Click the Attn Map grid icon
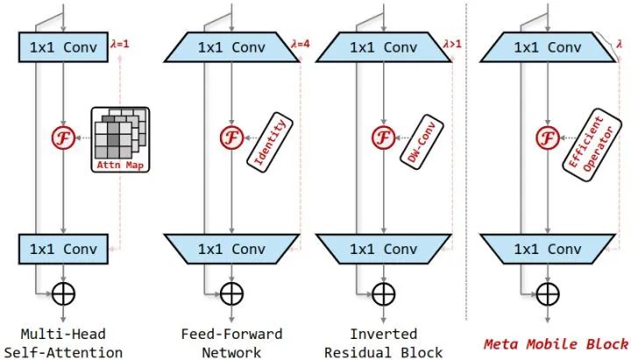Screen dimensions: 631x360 click(x=120, y=139)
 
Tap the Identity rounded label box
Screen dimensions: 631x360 click(x=270, y=142)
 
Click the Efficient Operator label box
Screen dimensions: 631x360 click(x=592, y=145)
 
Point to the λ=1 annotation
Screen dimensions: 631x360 click(x=120, y=44)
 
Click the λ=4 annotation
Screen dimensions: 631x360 click(x=301, y=44)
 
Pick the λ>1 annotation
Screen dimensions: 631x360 click(x=452, y=44)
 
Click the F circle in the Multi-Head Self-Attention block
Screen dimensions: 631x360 click(x=63, y=138)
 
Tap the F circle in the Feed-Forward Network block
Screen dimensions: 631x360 click(x=231, y=138)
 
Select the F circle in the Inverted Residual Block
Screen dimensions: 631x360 click(x=384, y=138)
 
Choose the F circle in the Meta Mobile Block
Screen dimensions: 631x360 click(x=548, y=138)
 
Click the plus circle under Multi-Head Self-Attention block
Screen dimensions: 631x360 click(x=64, y=293)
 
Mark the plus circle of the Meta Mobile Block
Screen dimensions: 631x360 click(x=548, y=293)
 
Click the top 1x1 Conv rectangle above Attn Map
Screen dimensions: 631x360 click(x=64, y=47)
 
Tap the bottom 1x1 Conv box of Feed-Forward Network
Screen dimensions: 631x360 click(x=231, y=249)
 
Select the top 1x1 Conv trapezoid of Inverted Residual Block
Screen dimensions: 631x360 click(x=384, y=47)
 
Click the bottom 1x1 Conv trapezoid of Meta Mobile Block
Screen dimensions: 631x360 click(x=548, y=249)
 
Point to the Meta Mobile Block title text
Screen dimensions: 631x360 click(x=556, y=344)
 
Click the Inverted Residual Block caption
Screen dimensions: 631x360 click(x=384, y=343)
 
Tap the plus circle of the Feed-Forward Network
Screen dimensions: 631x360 click(x=231, y=293)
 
